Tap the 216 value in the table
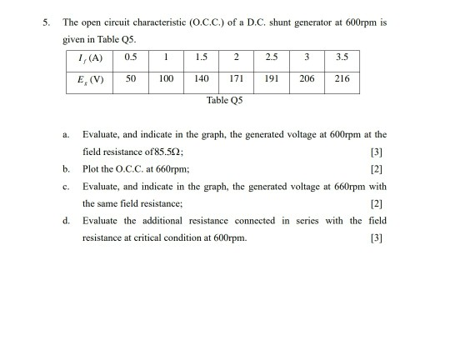pos(342,80)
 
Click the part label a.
pos(65,134)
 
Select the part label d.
pos(64,221)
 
